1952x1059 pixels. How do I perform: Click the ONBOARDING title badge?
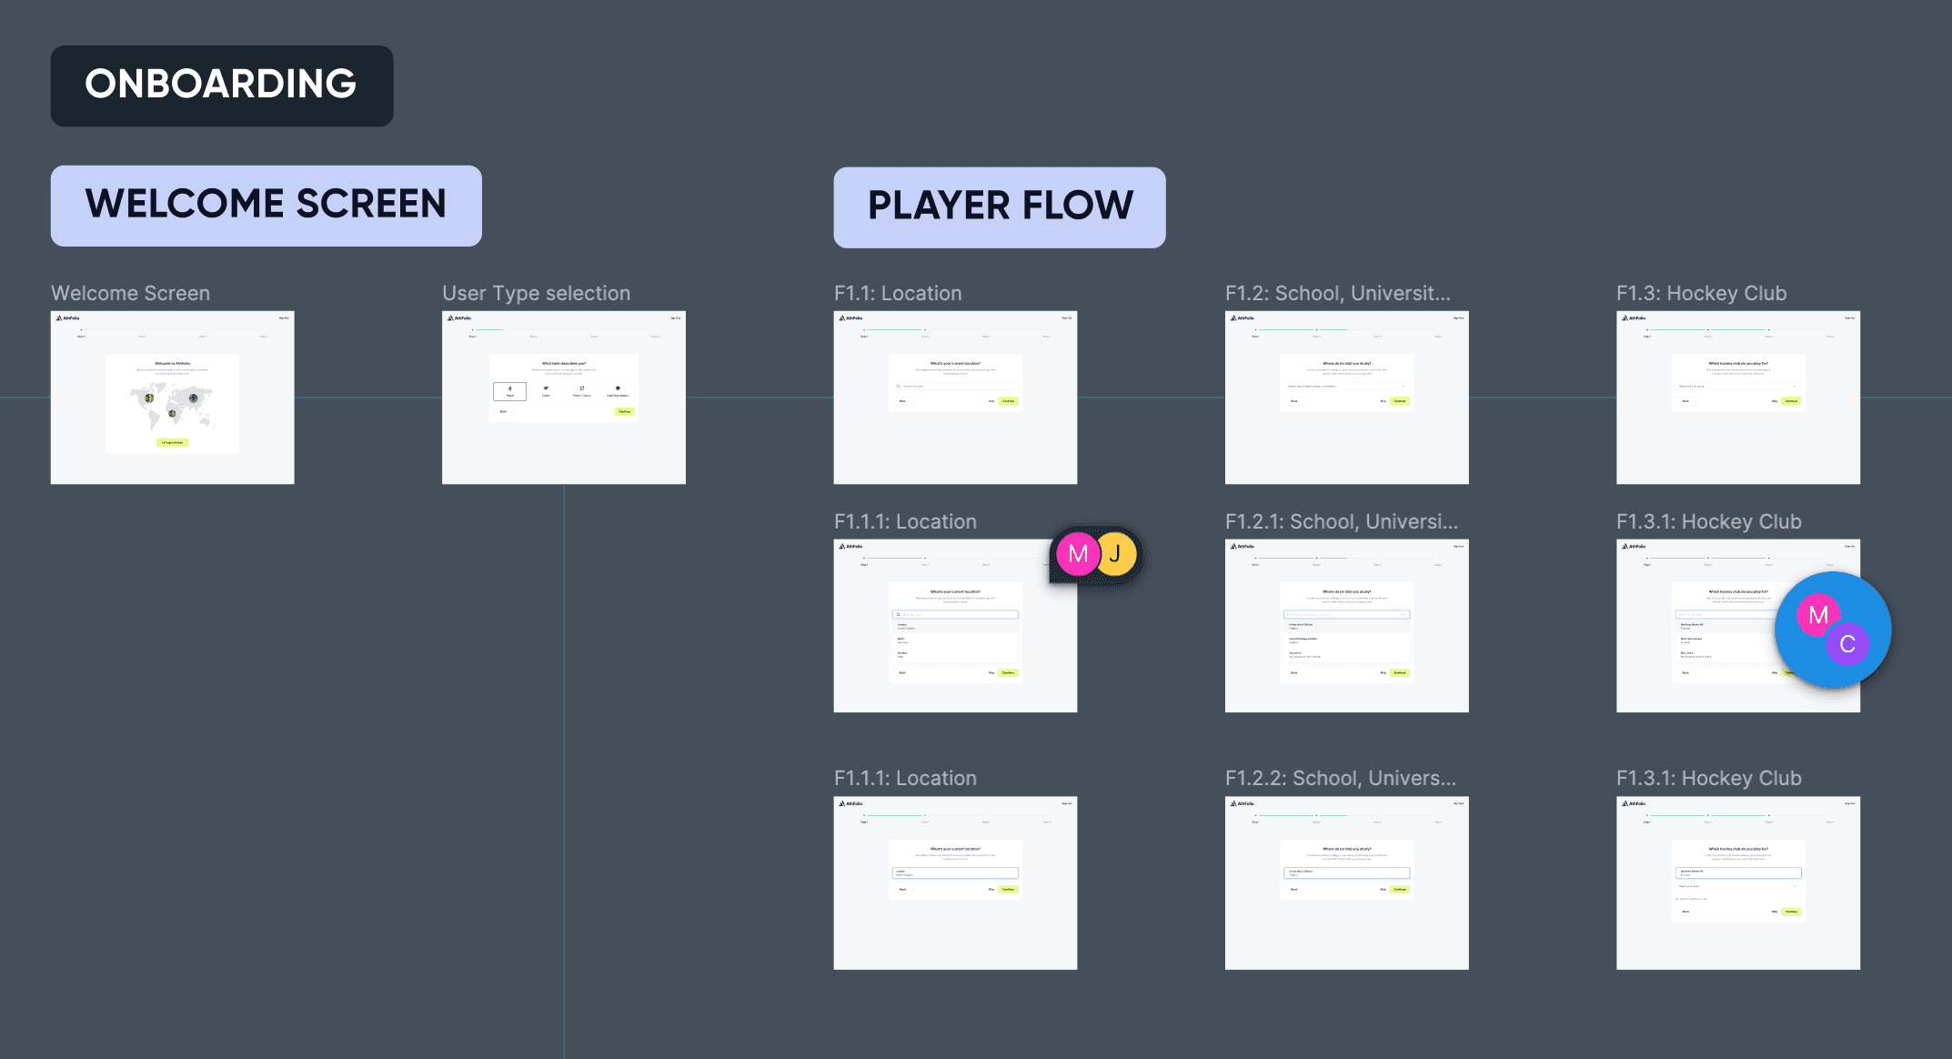(221, 86)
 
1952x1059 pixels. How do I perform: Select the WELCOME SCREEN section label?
(266, 205)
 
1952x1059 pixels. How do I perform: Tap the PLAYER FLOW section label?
(999, 207)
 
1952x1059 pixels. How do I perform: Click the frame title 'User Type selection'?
(536, 293)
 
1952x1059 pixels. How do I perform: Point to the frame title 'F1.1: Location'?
(897, 293)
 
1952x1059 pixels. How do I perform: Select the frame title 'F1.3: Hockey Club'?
(1701, 293)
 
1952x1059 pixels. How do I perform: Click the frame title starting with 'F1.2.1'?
(1341, 521)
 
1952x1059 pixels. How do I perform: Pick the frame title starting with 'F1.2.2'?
(1340, 778)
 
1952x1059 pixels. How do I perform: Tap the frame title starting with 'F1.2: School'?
(1337, 293)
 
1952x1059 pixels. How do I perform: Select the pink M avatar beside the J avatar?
(1078, 554)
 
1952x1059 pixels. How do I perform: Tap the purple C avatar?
(1847, 644)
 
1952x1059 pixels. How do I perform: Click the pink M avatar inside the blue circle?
(1818, 615)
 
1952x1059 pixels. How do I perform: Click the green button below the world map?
(172, 443)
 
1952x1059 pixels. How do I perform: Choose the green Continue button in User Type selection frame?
(624, 411)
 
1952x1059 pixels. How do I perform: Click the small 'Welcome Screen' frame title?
(130, 293)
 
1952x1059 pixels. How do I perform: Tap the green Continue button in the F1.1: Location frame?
(1008, 401)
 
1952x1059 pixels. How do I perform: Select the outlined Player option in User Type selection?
(509, 390)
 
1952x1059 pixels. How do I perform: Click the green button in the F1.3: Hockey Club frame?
(1791, 401)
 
